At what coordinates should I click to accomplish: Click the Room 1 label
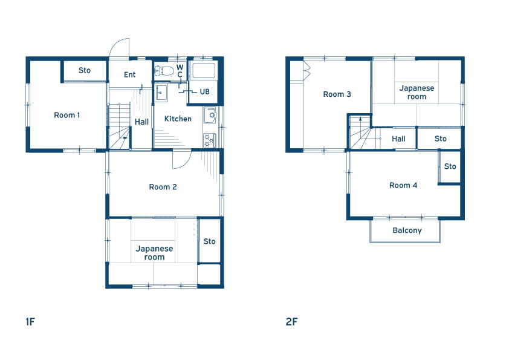tap(67, 115)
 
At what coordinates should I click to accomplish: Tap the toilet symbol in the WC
tap(164, 71)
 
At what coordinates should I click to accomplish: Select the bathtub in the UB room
tap(204, 70)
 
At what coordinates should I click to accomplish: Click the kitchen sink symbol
tap(210, 116)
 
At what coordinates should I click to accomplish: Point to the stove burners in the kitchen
tap(209, 140)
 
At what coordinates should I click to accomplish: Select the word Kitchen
tap(178, 119)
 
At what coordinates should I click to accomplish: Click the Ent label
tap(130, 75)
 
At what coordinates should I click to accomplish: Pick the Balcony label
tap(407, 231)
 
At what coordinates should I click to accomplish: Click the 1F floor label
tap(30, 322)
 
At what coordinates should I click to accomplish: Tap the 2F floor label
tap(291, 322)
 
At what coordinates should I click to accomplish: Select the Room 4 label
tap(403, 186)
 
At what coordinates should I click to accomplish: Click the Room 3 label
tap(337, 94)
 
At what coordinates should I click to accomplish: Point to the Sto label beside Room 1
tap(85, 70)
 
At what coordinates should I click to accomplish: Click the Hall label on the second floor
tap(398, 139)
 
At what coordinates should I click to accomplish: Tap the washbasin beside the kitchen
tap(161, 93)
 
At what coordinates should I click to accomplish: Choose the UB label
tap(204, 91)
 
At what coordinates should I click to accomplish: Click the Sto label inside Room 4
tap(450, 166)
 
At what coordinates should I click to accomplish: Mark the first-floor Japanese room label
tap(154, 253)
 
